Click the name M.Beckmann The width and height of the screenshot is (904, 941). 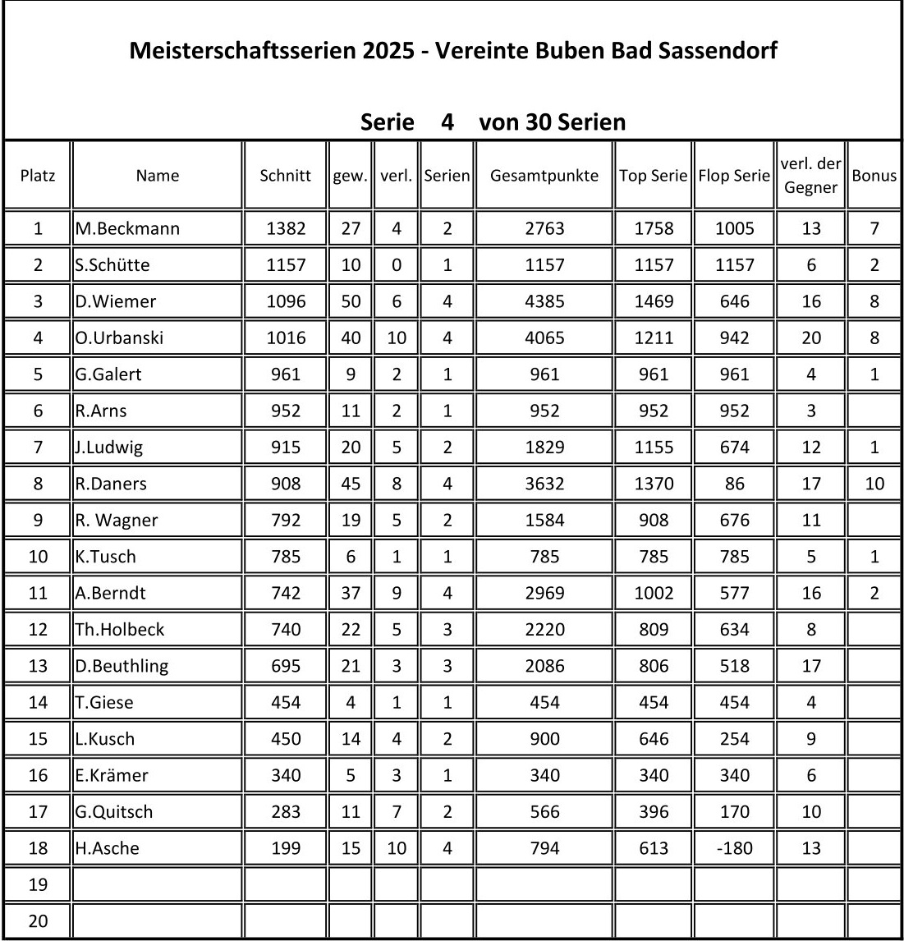[x=127, y=228]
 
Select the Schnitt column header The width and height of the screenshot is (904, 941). [x=285, y=175]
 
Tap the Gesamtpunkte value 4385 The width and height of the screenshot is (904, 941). [x=544, y=301]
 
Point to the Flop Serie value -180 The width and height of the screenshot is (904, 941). [x=734, y=848]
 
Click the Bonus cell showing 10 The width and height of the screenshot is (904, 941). [x=874, y=484]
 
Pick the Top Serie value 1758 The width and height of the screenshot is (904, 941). [x=654, y=228]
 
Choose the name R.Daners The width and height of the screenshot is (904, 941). [x=111, y=484]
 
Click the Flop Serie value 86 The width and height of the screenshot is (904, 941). [x=734, y=484]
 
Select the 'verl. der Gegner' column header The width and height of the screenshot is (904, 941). [x=810, y=175]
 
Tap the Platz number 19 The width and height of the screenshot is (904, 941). [x=38, y=884]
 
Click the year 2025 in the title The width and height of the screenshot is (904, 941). [x=390, y=51]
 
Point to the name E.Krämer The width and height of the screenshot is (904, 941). [x=112, y=775]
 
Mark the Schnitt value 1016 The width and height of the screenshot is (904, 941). [x=285, y=337]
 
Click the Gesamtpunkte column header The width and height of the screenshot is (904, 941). [x=544, y=175]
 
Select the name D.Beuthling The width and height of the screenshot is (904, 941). [x=122, y=666]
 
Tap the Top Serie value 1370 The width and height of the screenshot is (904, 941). [x=654, y=484]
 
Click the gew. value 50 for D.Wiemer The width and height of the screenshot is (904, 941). [x=351, y=301]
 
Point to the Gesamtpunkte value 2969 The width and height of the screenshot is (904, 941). [x=544, y=593]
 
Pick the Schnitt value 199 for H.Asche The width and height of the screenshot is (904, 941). [x=285, y=848]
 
